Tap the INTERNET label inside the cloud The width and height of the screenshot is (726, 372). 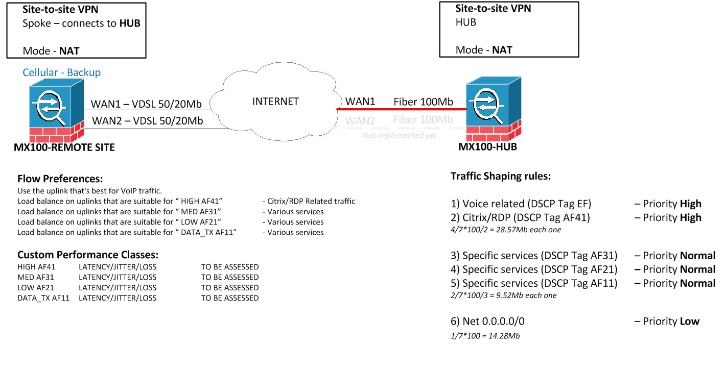(275, 102)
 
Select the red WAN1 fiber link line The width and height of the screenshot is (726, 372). (401, 109)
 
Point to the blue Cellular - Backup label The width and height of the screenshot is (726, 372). (61, 72)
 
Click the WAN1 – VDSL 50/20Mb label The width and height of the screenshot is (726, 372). (147, 104)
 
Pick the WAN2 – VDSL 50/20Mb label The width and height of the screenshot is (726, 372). (147, 121)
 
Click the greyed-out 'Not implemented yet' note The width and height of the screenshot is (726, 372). (399, 136)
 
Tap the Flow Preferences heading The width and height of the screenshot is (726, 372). (60, 179)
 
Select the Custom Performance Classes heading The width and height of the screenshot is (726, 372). (88, 255)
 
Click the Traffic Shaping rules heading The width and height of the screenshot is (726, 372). (500, 177)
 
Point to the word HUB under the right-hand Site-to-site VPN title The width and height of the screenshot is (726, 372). (465, 22)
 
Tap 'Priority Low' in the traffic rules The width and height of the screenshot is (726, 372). (667, 321)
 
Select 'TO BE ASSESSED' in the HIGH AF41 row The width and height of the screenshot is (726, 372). (230, 267)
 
